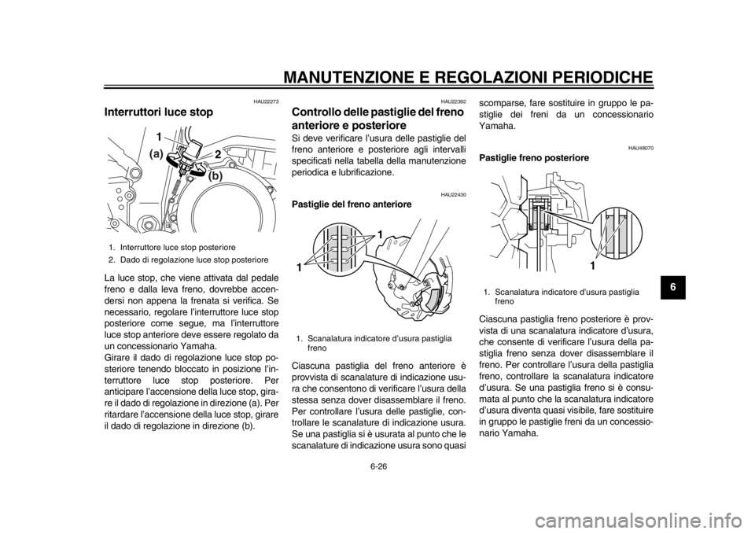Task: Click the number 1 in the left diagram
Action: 160,137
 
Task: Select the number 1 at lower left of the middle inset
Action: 300,267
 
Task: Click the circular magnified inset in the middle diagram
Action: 339,252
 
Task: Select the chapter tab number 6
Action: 672,286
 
